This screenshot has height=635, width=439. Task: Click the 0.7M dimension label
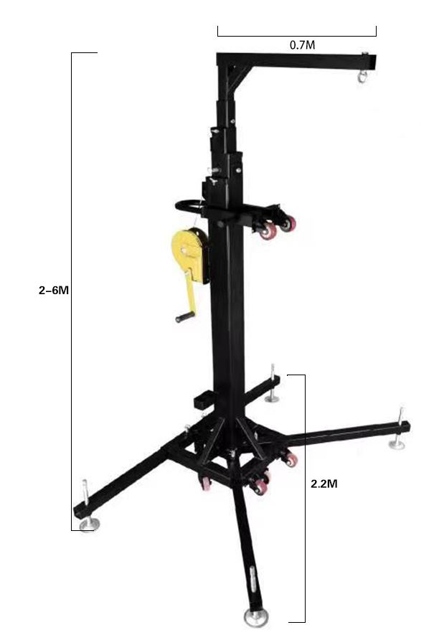(x=302, y=45)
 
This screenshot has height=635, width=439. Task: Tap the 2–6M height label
(x=54, y=290)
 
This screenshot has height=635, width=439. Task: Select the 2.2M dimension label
(x=324, y=484)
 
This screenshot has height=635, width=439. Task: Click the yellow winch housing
(x=189, y=254)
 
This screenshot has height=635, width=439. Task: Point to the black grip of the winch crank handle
(x=185, y=316)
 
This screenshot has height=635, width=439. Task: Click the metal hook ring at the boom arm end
(x=362, y=76)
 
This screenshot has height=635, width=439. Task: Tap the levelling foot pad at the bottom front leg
(x=256, y=617)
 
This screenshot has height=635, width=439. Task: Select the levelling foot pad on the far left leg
(x=88, y=525)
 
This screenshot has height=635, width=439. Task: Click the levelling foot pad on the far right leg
(x=397, y=445)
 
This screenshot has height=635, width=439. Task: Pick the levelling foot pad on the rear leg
(x=272, y=400)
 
